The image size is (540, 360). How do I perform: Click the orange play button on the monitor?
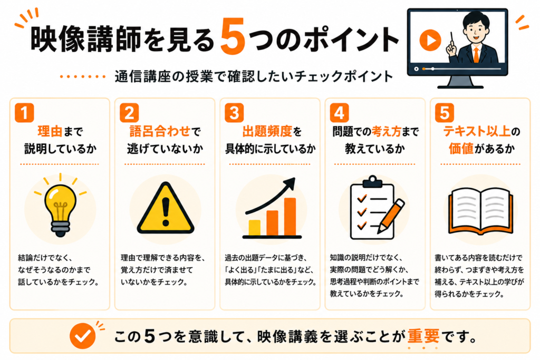(x=430, y=40)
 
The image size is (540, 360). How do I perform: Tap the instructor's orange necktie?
(x=476, y=55)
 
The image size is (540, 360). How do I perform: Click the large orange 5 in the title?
(x=233, y=36)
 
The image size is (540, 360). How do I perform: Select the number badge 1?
(x=24, y=113)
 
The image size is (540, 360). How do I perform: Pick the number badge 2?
(x=129, y=113)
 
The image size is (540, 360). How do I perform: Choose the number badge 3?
(x=234, y=113)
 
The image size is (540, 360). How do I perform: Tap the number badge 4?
(x=339, y=113)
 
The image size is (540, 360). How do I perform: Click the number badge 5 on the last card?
(x=445, y=113)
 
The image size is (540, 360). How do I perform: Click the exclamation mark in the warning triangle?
(x=166, y=211)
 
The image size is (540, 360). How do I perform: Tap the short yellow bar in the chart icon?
(x=255, y=228)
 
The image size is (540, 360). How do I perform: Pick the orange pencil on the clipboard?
(x=391, y=216)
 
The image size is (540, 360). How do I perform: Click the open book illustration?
(x=481, y=211)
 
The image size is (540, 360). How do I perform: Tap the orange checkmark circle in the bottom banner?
(x=83, y=336)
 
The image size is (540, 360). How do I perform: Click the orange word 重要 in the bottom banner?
(x=423, y=336)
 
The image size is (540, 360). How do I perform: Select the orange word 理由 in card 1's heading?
(x=50, y=131)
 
